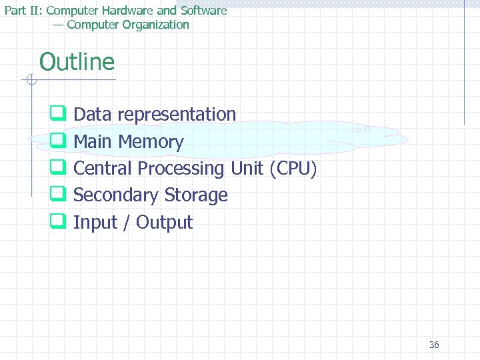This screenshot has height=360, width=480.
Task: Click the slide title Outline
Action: [77, 62]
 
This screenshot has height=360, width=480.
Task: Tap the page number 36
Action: [434, 345]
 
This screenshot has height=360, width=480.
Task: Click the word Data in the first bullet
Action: [93, 115]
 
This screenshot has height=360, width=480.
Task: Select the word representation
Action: [177, 115]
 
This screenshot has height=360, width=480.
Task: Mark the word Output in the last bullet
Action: [164, 223]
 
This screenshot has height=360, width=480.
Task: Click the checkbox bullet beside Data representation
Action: [57, 115]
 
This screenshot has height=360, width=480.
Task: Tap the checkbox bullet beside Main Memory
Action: [57, 141]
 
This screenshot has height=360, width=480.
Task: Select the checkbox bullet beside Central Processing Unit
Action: [57, 169]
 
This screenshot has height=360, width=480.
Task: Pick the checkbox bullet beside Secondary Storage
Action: [57, 195]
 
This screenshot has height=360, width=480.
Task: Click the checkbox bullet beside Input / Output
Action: [57, 222]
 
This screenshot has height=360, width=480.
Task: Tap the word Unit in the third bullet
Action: [247, 169]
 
